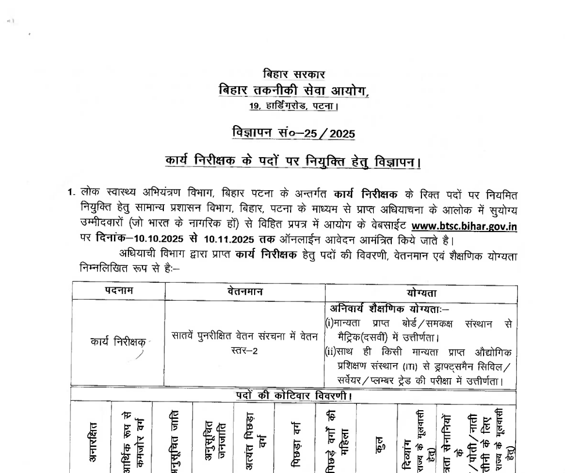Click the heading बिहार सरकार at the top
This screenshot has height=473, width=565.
(x=294, y=74)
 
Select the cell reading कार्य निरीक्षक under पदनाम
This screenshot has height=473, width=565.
(x=117, y=342)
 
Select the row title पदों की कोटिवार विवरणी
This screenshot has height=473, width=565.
(x=294, y=396)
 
